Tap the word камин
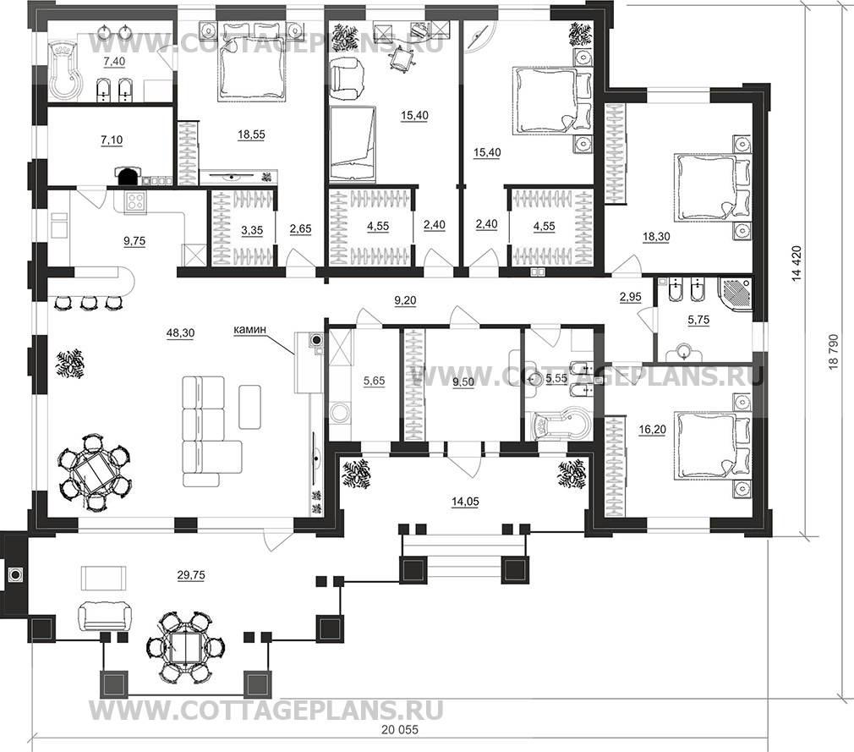point(250,329)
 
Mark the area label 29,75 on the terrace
point(191,574)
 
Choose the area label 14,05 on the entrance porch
point(465,502)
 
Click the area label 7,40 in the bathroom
point(114,62)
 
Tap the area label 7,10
point(112,140)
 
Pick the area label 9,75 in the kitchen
point(134,240)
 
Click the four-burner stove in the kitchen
point(136,202)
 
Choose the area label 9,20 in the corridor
point(405,299)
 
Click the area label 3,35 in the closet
point(252,230)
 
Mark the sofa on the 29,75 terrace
point(105,617)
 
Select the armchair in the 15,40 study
point(347,79)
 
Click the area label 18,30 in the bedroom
point(656,237)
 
